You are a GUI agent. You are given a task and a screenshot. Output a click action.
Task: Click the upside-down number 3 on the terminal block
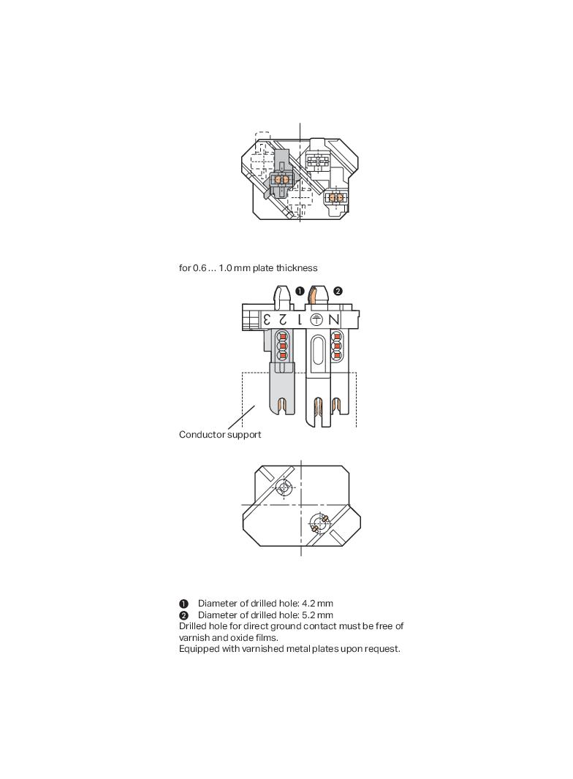coord(268,319)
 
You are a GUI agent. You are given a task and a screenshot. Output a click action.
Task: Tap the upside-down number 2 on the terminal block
coord(282,319)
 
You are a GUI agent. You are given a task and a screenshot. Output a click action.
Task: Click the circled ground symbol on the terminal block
coord(316,319)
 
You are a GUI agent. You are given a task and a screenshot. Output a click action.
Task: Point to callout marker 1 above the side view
coord(300,291)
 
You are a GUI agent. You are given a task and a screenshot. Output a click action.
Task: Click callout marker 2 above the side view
coord(338,291)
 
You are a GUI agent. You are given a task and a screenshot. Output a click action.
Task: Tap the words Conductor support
coord(220,435)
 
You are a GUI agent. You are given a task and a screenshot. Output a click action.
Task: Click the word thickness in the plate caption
coord(297,268)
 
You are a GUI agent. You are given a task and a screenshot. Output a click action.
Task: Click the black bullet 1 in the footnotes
coord(183,604)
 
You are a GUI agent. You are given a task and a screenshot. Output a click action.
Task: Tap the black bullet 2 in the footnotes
coord(183,615)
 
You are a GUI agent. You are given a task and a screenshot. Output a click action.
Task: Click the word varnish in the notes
coord(194,638)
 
